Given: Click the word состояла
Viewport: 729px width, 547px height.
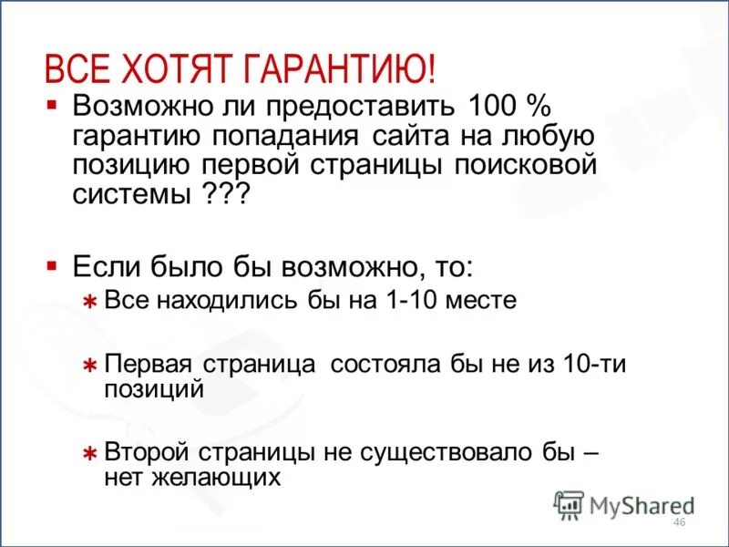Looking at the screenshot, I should [385, 363].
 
